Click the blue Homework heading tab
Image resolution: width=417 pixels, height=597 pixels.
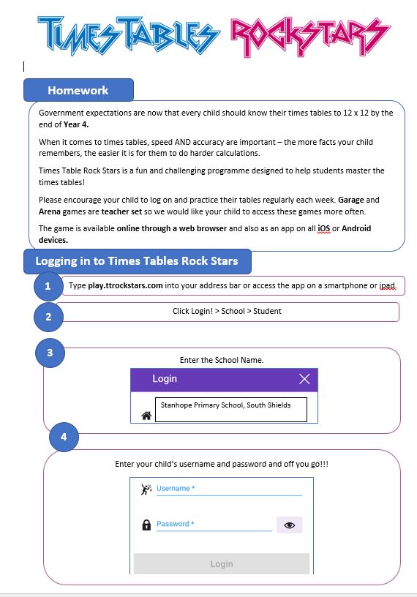(x=78, y=91)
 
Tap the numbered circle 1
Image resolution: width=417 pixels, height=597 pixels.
(x=48, y=286)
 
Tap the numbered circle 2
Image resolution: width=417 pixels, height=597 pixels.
(x=48, y=317)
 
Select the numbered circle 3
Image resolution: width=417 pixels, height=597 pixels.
(x=50, y=353)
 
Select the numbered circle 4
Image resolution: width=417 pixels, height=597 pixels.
(x=64, y=437)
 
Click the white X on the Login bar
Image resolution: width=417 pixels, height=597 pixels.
(x=304, y=379)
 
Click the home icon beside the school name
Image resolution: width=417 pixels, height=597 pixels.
(x=146, y=416)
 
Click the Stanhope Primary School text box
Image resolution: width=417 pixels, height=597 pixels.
(x=230, y=409)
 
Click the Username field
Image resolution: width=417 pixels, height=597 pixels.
(x=228, y=489)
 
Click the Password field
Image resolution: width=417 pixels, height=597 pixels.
(x=214, y=524)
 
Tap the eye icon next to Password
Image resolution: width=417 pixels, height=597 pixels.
(x=289, y=525)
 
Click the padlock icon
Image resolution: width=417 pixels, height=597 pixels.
(x=146, y=525)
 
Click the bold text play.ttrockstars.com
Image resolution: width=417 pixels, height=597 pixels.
(x=125, y=285)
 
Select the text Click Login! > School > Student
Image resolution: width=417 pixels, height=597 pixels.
(x=227, y=311)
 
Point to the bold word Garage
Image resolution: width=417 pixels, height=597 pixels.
(x=351, y=200)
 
